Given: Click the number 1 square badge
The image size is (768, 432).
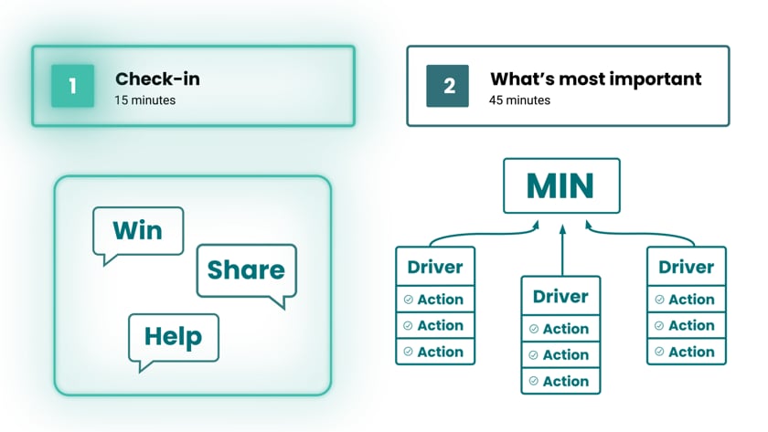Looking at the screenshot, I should tap(72, 86).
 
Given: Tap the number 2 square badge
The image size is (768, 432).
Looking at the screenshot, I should tap(448, 86).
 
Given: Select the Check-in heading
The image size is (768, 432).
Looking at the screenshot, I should tap(157, 79).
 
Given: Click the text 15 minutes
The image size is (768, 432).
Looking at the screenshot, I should tap(145, 100).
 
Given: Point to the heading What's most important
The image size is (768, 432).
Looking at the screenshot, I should tap(595, 79).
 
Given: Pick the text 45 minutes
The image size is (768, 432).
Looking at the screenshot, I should tap(520, 100).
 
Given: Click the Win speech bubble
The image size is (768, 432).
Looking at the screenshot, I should tap(137, 230).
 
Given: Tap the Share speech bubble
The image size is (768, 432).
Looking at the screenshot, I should tap(246, 270).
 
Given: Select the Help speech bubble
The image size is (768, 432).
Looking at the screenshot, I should tap(173, 337).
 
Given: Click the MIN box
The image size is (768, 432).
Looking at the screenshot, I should tap(561, 186).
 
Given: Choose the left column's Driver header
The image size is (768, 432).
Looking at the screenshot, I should tap(435, 268).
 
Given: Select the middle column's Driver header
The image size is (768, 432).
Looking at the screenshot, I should tap(560, 297).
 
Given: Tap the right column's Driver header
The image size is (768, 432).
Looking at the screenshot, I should tap(686, 268).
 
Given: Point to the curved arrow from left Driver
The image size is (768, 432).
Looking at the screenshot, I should tap(475, 234).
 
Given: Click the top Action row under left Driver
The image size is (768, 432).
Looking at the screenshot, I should tap(435, 300).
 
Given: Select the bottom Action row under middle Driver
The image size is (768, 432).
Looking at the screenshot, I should tap(560, 380).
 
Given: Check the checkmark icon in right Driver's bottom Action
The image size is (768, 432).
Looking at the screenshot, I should tap(659, 352).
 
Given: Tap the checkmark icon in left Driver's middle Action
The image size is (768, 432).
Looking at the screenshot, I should tap(408, 326).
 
